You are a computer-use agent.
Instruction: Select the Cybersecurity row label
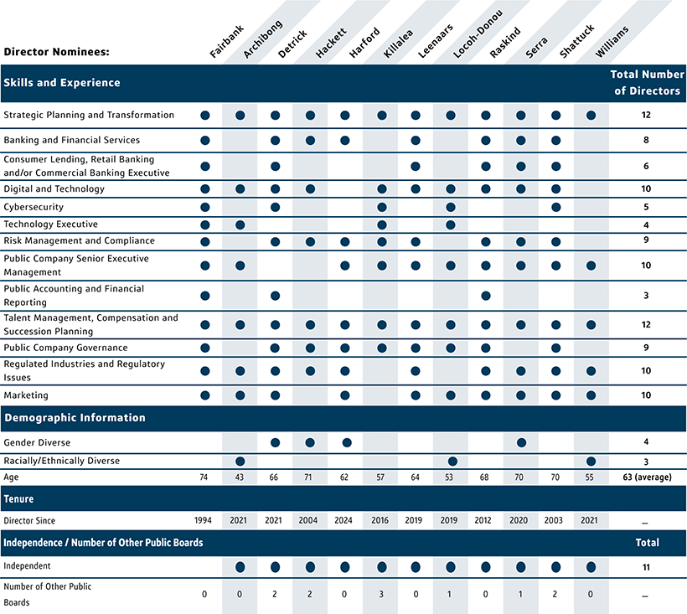[x=34, y=207]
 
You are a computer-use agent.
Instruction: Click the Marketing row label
[x=26, y=395]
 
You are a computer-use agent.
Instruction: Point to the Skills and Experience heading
[x=62, y=83]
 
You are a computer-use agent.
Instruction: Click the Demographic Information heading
[x=75, y=418]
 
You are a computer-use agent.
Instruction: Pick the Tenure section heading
[x=19, y=498]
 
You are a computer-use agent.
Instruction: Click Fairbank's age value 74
[x=205, y=477]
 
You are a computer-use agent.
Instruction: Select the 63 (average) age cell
[x=646, y=477]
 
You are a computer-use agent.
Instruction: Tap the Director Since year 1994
[x=205, y=519]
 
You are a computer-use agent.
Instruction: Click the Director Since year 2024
[x=346, y=519]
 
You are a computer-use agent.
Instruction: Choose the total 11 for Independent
[x=646, y=567]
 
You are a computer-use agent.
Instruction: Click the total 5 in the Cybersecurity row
[x=646, y=207]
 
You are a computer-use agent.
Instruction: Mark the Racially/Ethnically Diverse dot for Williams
[x=591, y=461]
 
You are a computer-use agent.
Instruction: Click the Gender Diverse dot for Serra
[x=521, y=442]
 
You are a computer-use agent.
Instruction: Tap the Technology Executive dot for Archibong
[x=240, y=224]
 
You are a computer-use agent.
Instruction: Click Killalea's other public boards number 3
[x=381, y=594]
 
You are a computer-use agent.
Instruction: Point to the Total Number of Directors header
[x=646, y=83]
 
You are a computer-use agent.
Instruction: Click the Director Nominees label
[x=57, y=52]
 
